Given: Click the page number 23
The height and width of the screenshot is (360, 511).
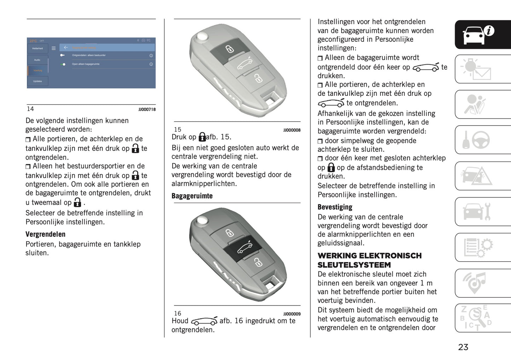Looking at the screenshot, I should pyautogui.click(x=463, y=347).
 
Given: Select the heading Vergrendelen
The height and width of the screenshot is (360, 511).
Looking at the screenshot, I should pyautogui.click(x=45, y=234).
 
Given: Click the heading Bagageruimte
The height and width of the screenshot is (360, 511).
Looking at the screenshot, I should pyautogui.click(x=192, y=196).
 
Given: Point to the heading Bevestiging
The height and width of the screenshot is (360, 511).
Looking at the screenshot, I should pyautogui.click(x=335, y=207).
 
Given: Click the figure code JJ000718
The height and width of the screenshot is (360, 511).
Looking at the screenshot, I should pyautogui.click(x=147, y=110).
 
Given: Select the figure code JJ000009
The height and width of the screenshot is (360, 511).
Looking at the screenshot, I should pyautogui.click(x=292, y=314).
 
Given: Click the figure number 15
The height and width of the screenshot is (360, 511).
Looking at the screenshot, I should pyautogui.click(x=178, y=130).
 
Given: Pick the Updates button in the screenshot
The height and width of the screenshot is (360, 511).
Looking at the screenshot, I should pyautogui.click(x=37, y=81).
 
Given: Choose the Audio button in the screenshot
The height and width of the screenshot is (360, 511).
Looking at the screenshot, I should pyautogui.click(x=37, y=60).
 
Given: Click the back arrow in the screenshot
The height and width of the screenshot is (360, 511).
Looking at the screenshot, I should pyautogui.click(x=66, y=47).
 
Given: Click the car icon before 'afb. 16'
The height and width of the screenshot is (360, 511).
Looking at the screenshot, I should pyautogui.click(x=204, y=321).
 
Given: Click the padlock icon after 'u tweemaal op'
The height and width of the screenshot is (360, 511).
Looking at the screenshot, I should pyautogui.click(x=77, y=203).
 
